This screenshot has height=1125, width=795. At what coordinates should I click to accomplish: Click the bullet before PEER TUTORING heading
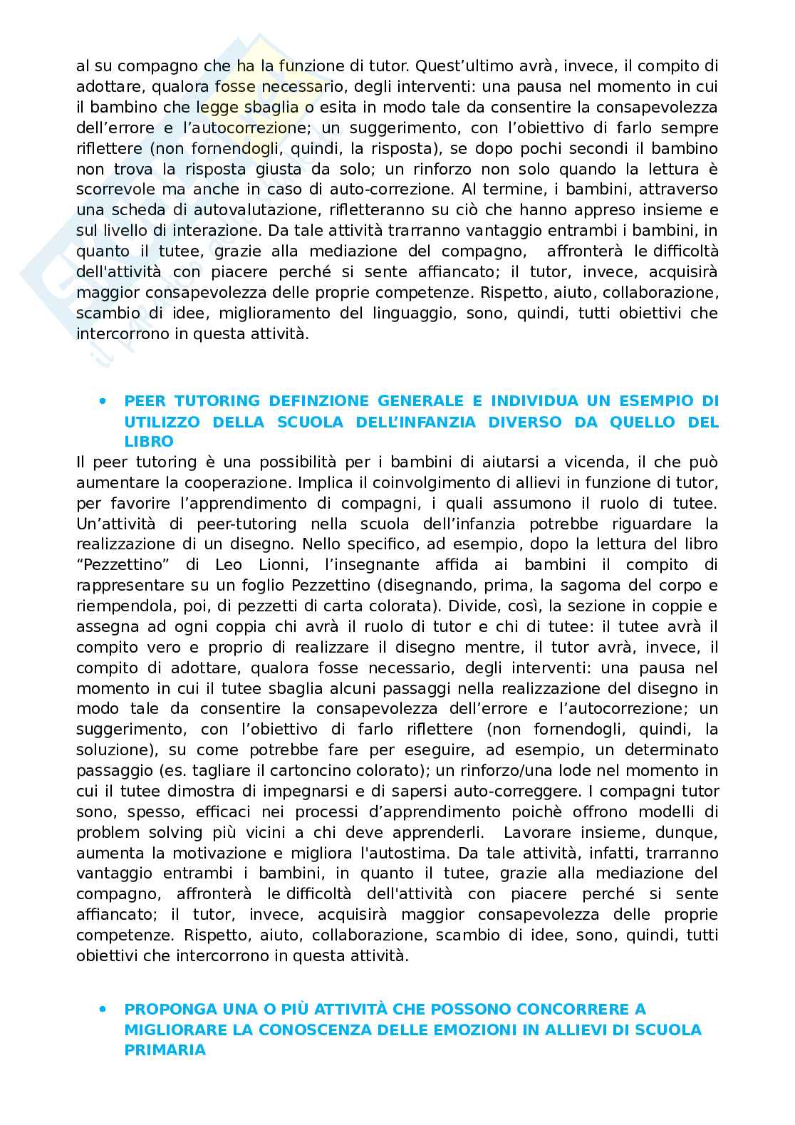pyautogui.click(x=103, y=402)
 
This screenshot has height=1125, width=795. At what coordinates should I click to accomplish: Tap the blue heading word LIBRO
pyautogui.click(x=149, y=442)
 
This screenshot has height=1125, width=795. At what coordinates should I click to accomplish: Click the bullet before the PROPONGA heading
pyautogui.click(x=103, y=1010)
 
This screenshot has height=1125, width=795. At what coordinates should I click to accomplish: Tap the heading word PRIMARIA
pyautogui.click(x=165, y=1049)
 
